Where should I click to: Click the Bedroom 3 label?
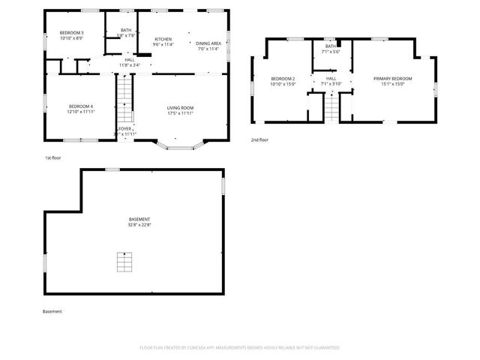coord(72,33)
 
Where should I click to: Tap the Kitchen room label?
coord(163,39)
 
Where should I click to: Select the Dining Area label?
coord(208,43)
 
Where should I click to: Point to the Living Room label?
coord(181,108)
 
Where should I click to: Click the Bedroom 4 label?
coord(81,106)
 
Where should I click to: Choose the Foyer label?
coord(124,129)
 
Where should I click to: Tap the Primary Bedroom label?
coord(393,79)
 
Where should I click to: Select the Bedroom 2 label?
coord(283,79)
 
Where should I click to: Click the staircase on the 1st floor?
coord(124,97)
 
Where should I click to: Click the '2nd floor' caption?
coord(259,139)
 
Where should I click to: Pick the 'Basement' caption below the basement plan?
coord(52,311)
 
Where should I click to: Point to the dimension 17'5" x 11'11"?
coord(181,113)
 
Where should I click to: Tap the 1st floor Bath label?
coord(126,30)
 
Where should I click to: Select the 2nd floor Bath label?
coord(331,46)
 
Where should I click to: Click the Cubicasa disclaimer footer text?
coord(240,348)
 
